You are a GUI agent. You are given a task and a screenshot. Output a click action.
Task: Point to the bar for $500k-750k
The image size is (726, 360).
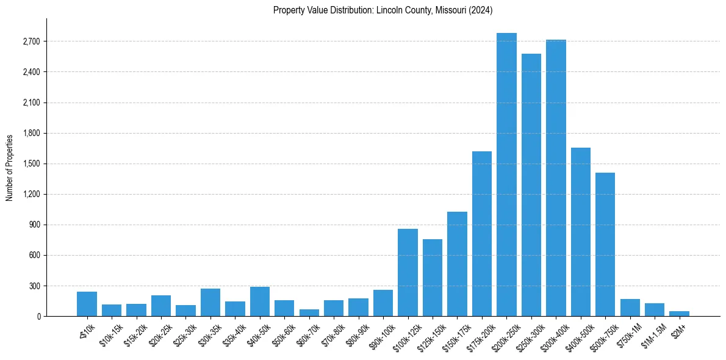pyautogui.click(x=605, y=244)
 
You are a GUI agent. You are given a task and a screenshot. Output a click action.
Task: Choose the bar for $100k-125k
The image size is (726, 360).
pyautogui.click(x=408, y=272)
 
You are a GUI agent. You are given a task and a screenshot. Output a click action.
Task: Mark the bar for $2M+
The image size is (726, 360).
pyautogui.click(x=679, y=314)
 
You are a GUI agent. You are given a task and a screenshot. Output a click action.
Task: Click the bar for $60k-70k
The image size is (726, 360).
pyautogui.click(x=309, y=312)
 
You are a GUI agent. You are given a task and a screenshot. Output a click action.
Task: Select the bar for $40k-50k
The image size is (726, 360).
pyautogui.click(x=260, y=301)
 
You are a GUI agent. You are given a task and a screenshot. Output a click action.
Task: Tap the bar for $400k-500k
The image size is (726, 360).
pyautogui.click(x=581, y=232)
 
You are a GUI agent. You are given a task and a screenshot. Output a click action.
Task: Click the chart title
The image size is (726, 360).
pyautogui.click(x=383, y=10)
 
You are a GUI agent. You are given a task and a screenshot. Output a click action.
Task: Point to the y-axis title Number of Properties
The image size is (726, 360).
pyautogui.click(x=9, y=168)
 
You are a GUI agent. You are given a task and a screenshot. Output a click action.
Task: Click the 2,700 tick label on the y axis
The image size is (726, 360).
pyautogui.click(x=31, y=41)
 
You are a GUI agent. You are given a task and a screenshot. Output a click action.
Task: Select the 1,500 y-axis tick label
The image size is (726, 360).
pyautogui.click(x=31, y=164)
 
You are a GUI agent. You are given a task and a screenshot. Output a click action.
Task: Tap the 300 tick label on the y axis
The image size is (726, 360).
pyautogui.click(x=34, y=286)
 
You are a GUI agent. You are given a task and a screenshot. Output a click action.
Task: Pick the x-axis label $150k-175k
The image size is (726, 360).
pyautogui.click(x=454, y=335)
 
